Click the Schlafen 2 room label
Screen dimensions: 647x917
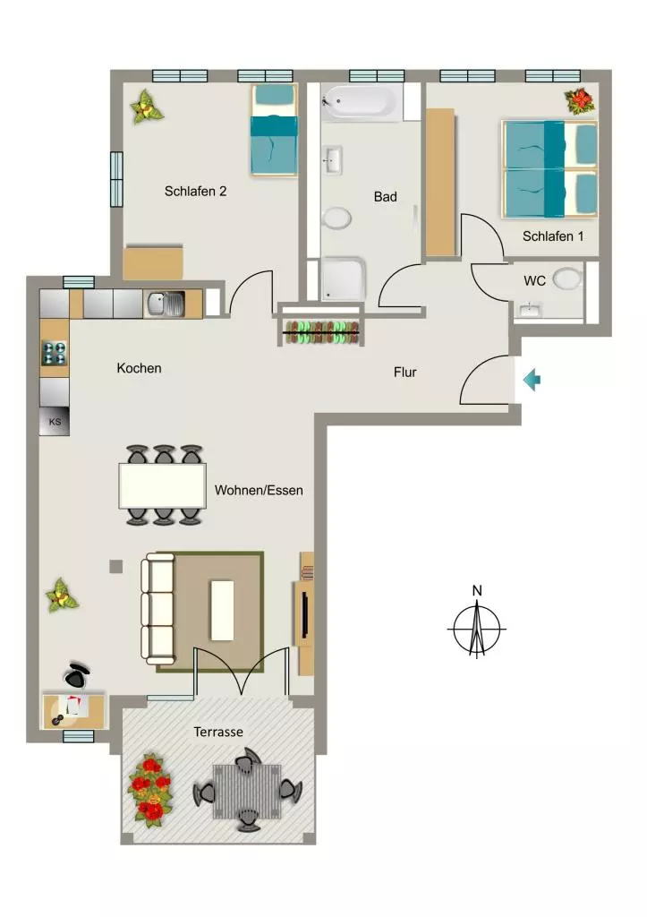click(195, 192)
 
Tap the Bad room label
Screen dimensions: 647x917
click(385, 196)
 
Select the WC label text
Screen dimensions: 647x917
click(534, 280)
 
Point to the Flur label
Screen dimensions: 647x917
click(405, 372)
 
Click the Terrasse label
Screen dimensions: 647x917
click(218, 732)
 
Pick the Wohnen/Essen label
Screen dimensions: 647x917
click(259, 490)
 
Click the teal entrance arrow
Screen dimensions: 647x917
click(532, 380)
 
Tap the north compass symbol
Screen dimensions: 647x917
click(477, 623)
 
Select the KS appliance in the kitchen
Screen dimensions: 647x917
click(55, 421)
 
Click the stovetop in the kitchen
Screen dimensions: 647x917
click(55, 354)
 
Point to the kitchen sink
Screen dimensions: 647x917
click(165, 304)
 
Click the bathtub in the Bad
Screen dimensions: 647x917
click(362, 102)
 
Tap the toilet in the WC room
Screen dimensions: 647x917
click(567, 279)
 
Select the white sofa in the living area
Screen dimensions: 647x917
click(157, 609)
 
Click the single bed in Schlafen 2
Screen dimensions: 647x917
click(274, 130)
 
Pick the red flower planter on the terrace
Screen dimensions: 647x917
click(151, 790)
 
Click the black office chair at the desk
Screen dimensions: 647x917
click(77, 676)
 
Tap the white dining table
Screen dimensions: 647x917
click(163, 485)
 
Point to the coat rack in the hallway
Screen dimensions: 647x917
click(321, 332)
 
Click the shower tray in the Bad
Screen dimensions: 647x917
click(343, 279)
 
